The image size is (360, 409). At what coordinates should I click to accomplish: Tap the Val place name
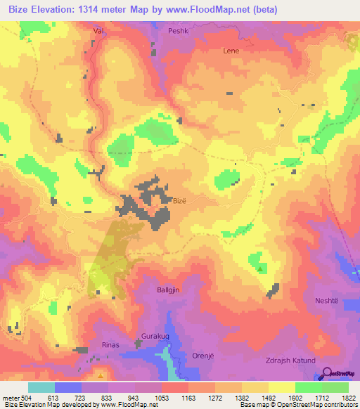[98, 32]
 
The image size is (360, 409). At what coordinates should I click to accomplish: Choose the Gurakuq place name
[157, 337]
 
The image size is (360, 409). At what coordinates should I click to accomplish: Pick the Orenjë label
[205, 356]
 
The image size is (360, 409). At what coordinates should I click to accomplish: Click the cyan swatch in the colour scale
[41, 387]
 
